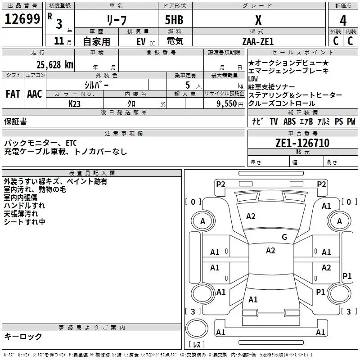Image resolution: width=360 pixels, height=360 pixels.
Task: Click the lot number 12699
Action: pos(22,19)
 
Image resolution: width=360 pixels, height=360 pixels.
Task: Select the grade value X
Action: pos(258,20)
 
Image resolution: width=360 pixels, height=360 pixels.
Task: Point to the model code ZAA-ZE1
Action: pos(258,41)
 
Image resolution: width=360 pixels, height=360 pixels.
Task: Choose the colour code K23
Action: pos(75,103)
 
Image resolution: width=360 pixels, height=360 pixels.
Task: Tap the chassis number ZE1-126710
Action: pos(302,144)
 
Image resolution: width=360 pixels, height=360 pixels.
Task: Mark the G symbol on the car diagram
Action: pos(284,237)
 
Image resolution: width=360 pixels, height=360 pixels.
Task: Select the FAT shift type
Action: pos(13,94)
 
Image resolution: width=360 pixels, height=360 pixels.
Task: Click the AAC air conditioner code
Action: pos(34,94)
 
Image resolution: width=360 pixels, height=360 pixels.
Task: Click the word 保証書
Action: pos(15,121)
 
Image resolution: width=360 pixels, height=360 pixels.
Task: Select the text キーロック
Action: pos(23,336)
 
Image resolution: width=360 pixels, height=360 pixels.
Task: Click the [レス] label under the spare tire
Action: pos(196,345)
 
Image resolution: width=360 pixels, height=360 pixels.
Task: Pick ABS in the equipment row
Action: pos(289,121)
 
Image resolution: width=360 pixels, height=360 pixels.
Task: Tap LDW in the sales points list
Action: pos(254,78)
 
